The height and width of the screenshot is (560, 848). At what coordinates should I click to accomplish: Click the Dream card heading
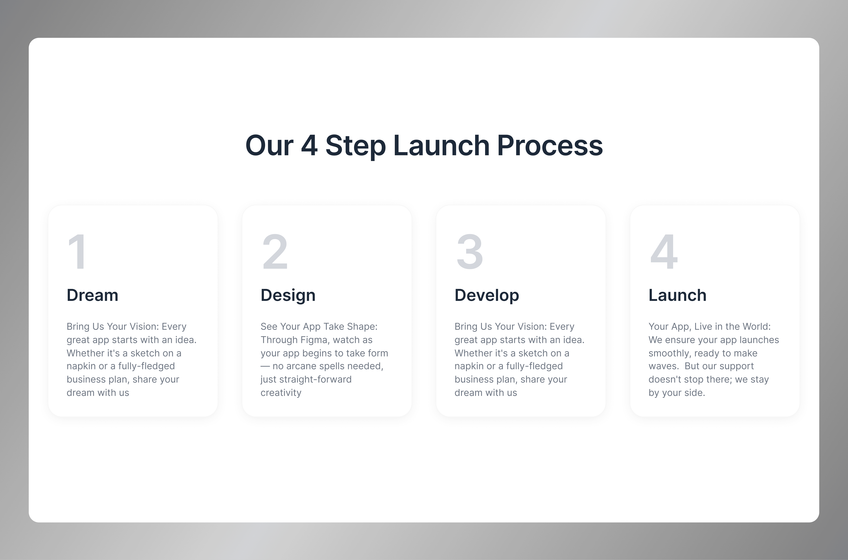coord(92,295)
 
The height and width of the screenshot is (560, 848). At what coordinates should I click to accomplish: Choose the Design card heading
coord(288,295)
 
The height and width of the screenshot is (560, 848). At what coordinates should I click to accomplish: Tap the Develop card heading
coord(486,295)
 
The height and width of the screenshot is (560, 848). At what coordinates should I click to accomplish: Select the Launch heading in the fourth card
coord(677,295)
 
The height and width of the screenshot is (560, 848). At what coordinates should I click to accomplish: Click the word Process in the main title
coord(550,145)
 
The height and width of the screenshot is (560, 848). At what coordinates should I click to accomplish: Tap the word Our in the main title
coord(269,145)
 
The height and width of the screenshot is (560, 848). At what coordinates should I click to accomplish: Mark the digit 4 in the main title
coord(309,145)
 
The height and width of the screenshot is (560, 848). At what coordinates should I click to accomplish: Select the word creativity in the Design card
coord(281,393)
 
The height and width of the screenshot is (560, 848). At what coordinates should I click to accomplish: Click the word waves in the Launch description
coord(663,366)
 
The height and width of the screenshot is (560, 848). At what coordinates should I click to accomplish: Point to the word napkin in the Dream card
coord(81,366)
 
